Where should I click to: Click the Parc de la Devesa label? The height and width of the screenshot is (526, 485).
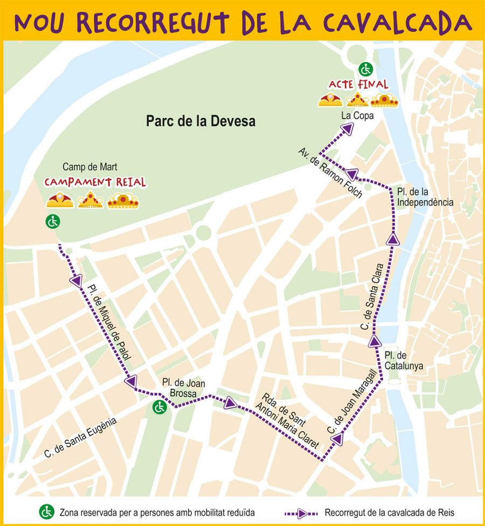click(200, 121)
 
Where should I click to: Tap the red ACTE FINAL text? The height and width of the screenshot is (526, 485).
click(358, 85)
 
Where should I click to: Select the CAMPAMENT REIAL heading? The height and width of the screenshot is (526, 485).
click(95, 182)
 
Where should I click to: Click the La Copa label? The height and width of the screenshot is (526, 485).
click(354, 115)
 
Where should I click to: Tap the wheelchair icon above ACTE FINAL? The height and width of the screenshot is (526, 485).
click(366, 69)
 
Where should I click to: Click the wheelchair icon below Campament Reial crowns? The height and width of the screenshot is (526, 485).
click(53, 221)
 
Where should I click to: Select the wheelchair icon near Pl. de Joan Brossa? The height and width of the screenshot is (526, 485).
click(159, 407)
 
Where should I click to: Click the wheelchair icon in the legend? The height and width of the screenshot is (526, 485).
click(47, 511)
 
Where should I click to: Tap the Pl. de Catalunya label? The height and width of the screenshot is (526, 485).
click(404, 361)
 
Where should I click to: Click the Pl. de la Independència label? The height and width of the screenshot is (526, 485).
click(425, 197)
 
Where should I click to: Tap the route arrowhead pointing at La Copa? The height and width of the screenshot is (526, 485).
click(348, 128)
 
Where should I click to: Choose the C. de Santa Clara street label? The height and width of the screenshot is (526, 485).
click(372, 296)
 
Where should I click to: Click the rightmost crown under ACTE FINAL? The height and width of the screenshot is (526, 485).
click(384, 100)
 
